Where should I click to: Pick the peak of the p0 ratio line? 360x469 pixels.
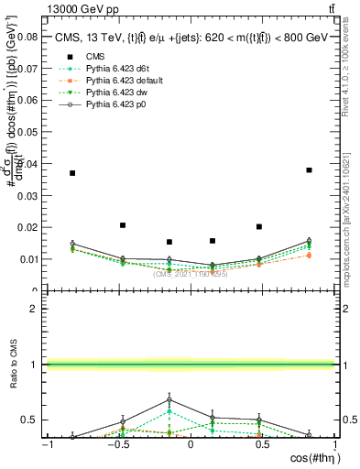click(169, 399)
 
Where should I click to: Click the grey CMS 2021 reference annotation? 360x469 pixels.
click(190, 274)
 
